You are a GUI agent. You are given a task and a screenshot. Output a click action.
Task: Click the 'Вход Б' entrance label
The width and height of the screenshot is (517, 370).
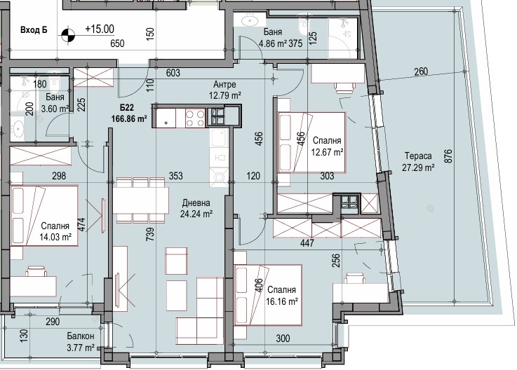tap(34, 30)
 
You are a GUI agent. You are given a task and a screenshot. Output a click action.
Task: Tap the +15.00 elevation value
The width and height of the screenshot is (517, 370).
tap(100, 29)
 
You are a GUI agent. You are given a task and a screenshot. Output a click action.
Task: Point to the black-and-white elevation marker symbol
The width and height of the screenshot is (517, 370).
tap(68, 34)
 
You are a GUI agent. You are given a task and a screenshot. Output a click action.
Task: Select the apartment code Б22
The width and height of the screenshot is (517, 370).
tap(126, 108)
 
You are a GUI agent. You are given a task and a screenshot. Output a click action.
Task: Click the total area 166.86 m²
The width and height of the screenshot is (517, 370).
tap(129, 118)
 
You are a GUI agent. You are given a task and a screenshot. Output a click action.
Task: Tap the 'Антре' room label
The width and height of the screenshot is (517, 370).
tap(224, 85)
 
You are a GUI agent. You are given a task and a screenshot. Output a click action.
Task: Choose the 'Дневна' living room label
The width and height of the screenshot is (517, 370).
tap(196, 203)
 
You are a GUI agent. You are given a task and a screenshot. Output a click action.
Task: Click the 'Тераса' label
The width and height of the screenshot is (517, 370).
tap(418, 156)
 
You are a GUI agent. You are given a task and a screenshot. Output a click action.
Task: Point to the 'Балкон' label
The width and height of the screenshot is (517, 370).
tap(81, 336)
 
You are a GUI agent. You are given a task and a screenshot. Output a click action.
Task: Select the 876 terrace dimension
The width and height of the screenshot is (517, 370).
tap(448, 156)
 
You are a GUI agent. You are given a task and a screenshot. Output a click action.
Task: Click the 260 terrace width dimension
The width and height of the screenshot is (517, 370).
tap(421, 71)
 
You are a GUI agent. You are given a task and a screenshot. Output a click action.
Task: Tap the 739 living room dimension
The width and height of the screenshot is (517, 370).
tap(150, 234)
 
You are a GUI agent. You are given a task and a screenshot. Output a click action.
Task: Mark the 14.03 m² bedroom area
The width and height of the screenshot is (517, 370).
tap(55, 237)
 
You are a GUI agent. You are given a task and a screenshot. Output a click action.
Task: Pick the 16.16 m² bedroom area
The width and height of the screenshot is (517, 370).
tap(282, 301)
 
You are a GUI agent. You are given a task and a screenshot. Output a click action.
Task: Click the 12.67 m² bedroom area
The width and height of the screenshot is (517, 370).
tap(328, 152)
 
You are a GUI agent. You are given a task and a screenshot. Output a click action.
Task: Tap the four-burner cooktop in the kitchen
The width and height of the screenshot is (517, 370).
tap(195, 118)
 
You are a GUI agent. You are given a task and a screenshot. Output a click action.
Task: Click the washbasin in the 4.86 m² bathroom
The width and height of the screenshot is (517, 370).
tap(250, 21)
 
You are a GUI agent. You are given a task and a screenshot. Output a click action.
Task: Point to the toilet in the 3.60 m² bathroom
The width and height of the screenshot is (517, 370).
tap(54, 84)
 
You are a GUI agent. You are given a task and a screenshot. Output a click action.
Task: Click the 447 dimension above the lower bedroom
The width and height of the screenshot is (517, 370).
tap(307, 243)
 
